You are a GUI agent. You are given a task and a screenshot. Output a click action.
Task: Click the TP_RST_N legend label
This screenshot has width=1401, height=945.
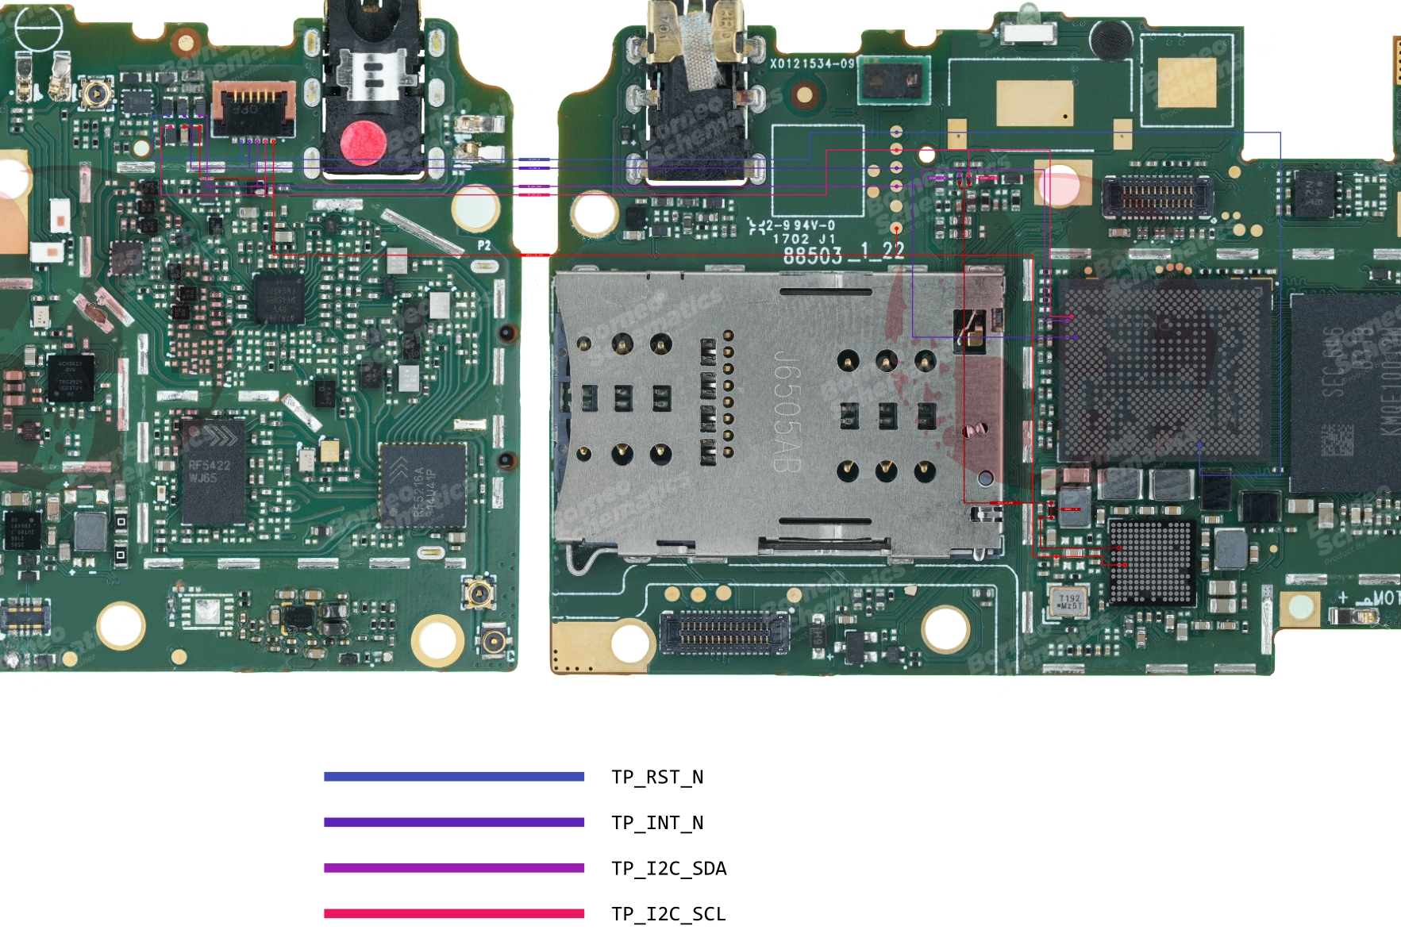(657, 777)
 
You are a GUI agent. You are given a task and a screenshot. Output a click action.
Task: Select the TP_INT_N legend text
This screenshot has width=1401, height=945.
(657, 823)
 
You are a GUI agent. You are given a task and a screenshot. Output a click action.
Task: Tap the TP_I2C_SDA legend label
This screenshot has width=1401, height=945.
(668, 868)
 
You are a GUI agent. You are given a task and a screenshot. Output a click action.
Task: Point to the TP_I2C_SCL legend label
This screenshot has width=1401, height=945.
(668, 914)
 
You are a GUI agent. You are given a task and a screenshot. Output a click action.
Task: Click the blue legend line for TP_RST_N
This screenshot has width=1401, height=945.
(454, 777)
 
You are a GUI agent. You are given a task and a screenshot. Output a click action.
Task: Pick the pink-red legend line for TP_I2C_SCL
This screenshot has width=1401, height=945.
(454, 913)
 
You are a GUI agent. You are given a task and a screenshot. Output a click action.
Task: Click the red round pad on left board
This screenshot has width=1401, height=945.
(364, 143)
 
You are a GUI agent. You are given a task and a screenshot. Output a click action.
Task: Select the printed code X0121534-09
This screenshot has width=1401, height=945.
(812, 63)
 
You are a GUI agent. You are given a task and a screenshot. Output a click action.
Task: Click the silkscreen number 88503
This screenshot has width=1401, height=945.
(812, 256)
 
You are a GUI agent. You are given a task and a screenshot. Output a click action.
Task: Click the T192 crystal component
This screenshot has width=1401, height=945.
(1068, 601)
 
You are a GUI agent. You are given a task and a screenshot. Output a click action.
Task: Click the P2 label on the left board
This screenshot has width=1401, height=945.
(484, 245)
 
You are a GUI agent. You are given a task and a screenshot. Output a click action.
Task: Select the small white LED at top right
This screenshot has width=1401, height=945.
(1029, 32)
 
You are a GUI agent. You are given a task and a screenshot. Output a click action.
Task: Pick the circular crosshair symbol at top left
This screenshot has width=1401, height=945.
(37, 29)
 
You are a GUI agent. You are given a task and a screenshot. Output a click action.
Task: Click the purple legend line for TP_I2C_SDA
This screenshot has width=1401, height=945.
(454, 868)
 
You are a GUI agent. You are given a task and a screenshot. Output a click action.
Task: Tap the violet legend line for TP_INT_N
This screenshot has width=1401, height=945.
(454, 822)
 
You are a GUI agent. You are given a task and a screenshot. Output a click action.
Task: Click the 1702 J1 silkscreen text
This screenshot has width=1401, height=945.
(803, 239)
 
